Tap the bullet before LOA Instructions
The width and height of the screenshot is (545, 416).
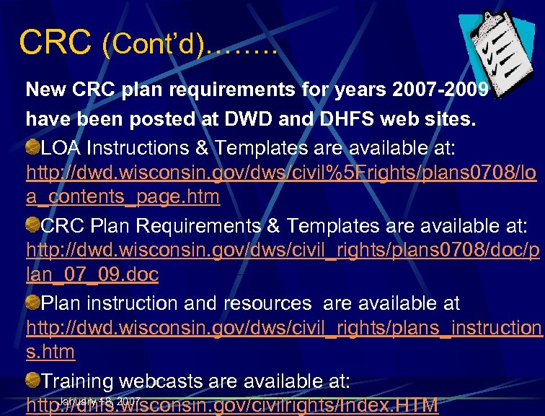pyautogui.click(x=33, y=147)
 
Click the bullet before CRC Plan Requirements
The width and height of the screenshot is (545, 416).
pyautogui.click(x=33, y=225)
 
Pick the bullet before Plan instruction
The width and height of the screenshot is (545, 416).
pyautogui.click(x=33, y=302)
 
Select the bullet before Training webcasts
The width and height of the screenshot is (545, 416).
pyautogui.click(x=33, y=380)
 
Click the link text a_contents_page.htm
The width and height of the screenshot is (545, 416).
pyautogui.click(x=123, y=196)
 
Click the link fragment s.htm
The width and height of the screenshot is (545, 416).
pyautogui.click(x=50, y=352)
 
